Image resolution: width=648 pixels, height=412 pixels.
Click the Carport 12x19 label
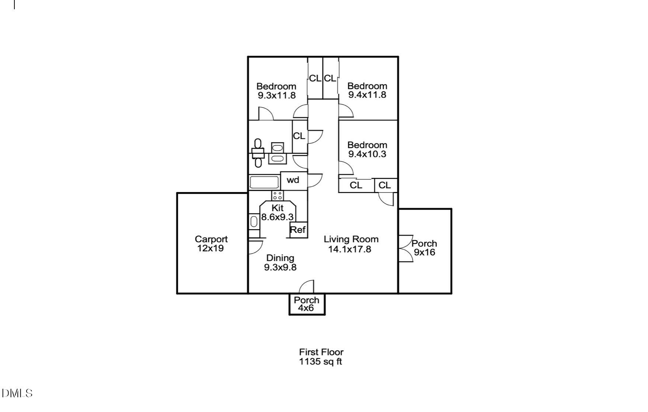(211, 244)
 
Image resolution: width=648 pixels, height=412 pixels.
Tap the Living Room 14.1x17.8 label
(351, 244)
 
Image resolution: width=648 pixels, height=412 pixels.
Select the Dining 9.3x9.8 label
(280, 262)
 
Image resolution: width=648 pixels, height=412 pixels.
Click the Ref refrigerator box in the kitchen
(298, 230)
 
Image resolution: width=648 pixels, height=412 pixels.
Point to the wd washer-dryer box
(293, 181)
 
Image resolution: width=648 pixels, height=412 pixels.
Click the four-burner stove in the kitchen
(278, 195)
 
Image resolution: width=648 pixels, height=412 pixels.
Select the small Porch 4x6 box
(307, 304)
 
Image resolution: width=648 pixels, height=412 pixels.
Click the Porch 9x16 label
(424, 248)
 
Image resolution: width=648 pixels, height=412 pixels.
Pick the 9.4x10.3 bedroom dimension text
(367, 154)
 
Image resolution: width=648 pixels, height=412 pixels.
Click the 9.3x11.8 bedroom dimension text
(276, 95)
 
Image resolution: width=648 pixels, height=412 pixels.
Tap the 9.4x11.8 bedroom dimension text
(367, 95)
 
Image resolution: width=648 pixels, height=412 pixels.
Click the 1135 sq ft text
(321, 362)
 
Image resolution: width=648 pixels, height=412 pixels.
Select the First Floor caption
(321, 352)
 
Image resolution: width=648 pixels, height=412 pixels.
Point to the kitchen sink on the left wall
(254, 221)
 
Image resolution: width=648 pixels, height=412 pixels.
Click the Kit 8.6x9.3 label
(277, 212)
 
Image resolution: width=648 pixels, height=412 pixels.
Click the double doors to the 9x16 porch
(405, 248)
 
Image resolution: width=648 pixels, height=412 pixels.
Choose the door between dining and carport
(255, 247)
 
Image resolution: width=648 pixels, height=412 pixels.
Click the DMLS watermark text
(17, 393)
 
